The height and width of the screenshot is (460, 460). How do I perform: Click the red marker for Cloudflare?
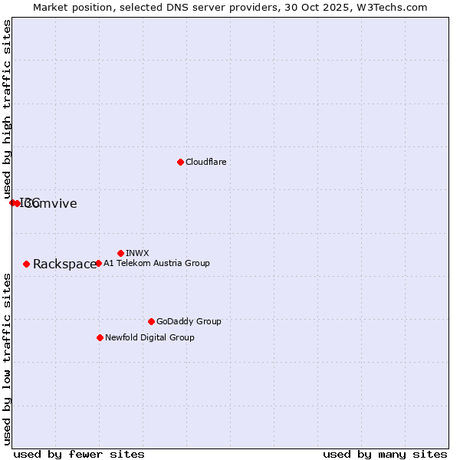[x=180, y=162]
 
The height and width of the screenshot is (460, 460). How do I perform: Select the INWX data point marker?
[x=120, y=253]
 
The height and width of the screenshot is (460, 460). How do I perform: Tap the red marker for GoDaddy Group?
[x=151, y=321]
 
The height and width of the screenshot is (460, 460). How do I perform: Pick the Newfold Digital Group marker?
[x=100, y=337]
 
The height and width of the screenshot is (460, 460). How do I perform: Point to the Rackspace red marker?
[x=26, y=264]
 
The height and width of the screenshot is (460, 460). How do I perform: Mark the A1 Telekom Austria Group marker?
[x=98, y=263]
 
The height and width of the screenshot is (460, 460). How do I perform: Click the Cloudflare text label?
[x=205, y=162]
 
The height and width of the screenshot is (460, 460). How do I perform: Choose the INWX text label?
[x=137, y=253]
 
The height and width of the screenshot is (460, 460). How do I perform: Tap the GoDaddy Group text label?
[x=189, y=321]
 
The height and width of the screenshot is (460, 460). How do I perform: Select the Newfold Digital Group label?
[x=149, y=337]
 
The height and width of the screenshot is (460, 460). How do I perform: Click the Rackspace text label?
[x=64, y=264]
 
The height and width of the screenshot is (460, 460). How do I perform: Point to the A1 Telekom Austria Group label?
[x=156, y=263]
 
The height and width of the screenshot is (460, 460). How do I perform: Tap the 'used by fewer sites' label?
[x=79, y=455]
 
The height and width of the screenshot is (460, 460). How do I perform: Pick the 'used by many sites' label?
[x=385, y=455]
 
